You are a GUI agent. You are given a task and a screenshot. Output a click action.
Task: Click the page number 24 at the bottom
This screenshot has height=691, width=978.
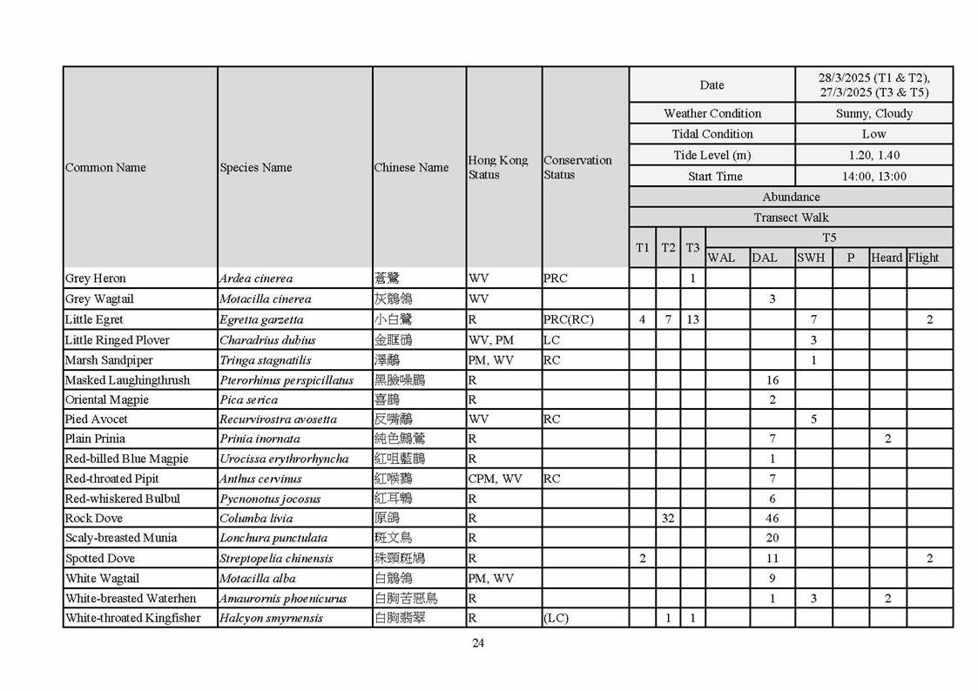[x=478, y=643]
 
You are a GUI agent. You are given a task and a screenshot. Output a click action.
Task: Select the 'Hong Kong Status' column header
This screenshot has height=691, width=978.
[x=497, y=167]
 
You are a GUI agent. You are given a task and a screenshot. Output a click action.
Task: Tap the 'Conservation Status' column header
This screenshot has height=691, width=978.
[x=577, y=167]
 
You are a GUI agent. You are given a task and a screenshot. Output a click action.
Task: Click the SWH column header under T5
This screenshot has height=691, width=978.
[x=811, y=258]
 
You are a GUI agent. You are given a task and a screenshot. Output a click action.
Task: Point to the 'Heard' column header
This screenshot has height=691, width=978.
[x=887, y=258]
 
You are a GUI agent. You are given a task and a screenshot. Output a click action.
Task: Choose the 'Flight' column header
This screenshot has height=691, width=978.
[x=923, y=258]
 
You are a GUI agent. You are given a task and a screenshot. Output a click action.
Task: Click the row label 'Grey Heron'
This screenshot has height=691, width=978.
[x=96, y=278]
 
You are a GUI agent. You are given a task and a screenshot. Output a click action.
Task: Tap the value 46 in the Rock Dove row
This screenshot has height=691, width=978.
[x=772, y=518]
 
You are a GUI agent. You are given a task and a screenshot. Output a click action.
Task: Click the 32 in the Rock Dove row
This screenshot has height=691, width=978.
[x=668, y=518]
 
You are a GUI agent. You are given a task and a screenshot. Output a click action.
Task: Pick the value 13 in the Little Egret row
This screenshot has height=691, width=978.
[x=692, y=319]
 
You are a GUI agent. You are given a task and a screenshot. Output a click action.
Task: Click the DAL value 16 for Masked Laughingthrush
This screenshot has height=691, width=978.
[x=772, y=380]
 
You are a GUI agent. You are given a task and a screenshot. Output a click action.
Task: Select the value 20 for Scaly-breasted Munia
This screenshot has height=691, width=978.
[x=772, y=538]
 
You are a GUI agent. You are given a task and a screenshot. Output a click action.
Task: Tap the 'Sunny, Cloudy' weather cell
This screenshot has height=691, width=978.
[x=873, y=113]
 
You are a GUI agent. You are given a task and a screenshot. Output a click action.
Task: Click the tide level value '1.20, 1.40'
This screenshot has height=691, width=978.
[x=873, y=155]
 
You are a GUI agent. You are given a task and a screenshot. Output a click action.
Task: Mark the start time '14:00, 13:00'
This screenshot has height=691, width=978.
[x=873, y=176]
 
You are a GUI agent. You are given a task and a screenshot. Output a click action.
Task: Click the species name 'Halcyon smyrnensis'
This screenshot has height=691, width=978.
[x=271, y=618]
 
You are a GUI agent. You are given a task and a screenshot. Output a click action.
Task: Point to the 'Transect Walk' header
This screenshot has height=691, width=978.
[x=791, y=218]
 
